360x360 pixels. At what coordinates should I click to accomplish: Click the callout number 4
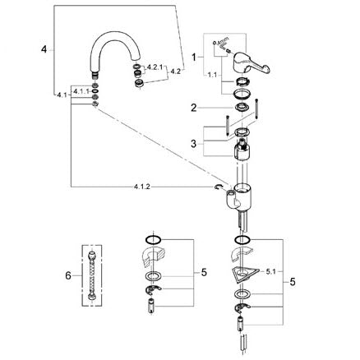[44, 49]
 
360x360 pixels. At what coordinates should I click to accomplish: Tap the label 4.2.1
[155, 67]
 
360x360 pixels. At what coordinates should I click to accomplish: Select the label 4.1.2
[142, 187]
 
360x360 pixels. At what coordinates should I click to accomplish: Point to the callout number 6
[68, 275]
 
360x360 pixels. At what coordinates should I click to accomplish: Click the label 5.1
[270, 271]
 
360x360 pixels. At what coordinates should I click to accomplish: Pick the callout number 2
[194, 108]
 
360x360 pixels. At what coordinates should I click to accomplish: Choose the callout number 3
[194, 144]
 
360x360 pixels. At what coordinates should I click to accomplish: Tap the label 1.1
[212, 75]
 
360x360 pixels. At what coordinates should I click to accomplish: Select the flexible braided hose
[92, 275]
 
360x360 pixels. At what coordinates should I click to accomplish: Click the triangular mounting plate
[244, 275]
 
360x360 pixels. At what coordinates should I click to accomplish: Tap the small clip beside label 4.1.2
[219, 187]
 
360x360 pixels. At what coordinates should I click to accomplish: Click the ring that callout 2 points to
[242, 107]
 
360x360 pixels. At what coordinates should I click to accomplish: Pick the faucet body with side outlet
[238, 198]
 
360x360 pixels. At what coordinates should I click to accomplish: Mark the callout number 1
[194, 58]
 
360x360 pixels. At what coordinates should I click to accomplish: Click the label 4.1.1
[81, 91]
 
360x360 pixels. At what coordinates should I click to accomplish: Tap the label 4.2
[176, 72]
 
